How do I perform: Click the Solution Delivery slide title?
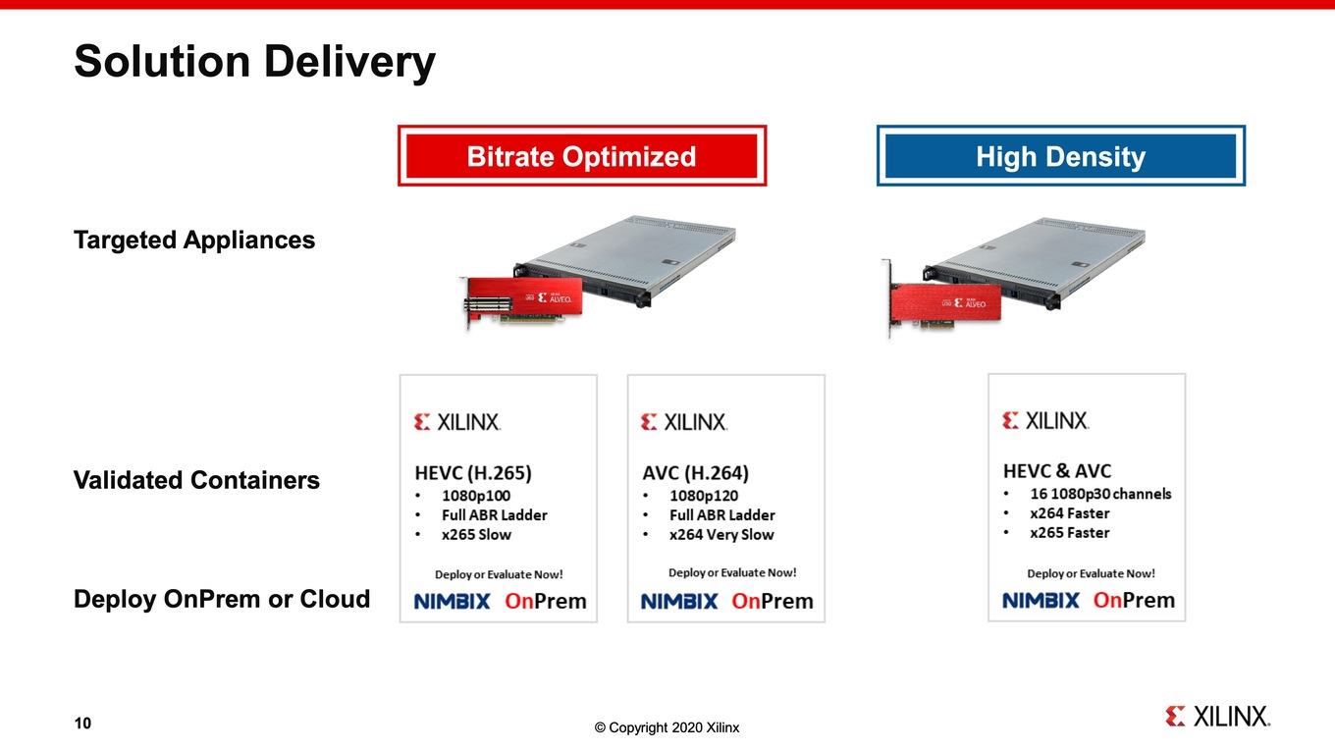254,62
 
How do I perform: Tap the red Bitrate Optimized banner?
582,155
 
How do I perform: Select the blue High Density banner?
1061,155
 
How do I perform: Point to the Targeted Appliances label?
194,241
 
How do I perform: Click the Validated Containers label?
196,480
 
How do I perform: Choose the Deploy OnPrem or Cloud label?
222,599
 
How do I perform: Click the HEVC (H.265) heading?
473,473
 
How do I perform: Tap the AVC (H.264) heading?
696,473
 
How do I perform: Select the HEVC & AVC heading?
1057,471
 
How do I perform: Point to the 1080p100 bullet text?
476,496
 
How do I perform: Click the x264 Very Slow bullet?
721,535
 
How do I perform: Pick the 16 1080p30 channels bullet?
1100,494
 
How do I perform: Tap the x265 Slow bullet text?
477,535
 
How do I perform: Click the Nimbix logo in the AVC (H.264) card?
679,602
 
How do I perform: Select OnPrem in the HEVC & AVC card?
1134,600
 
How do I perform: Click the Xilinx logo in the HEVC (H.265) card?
457,422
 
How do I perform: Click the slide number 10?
82,723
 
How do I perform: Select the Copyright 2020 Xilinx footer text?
667,727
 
